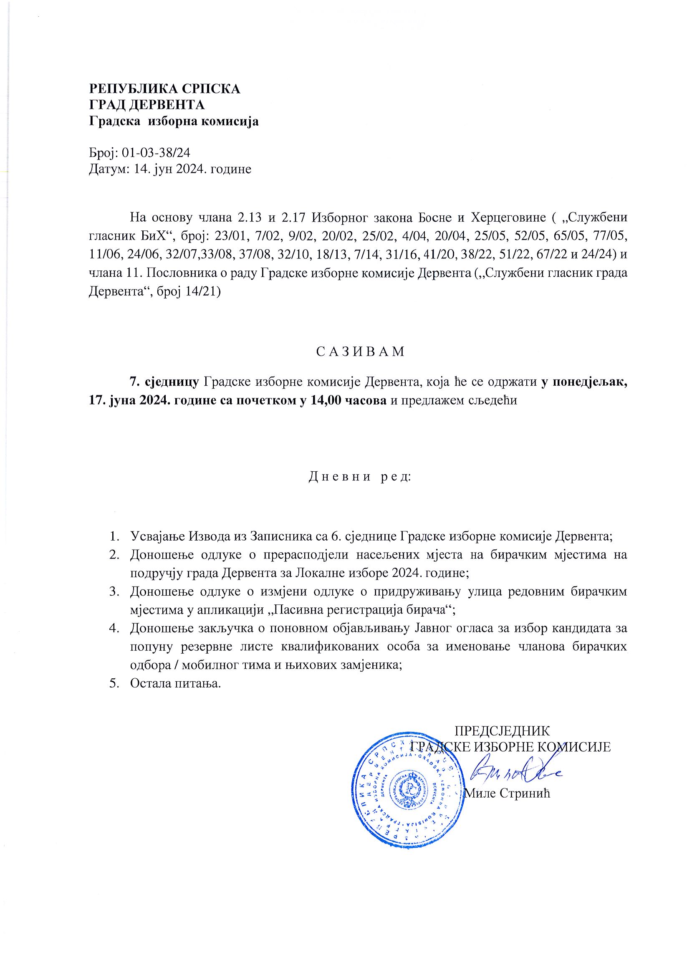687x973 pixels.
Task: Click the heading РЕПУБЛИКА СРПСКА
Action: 164,89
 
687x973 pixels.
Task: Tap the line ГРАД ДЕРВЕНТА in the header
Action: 146,105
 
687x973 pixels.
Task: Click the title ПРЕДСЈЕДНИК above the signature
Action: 502,730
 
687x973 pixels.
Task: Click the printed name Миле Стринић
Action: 508,794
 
